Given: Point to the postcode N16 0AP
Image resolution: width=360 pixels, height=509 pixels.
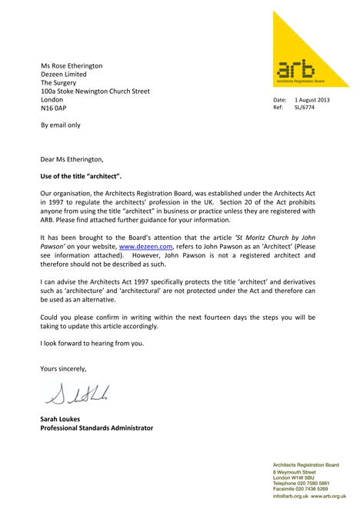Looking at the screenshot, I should (54, 109).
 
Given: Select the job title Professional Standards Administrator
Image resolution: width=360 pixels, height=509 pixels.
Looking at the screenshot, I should (96, 428).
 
